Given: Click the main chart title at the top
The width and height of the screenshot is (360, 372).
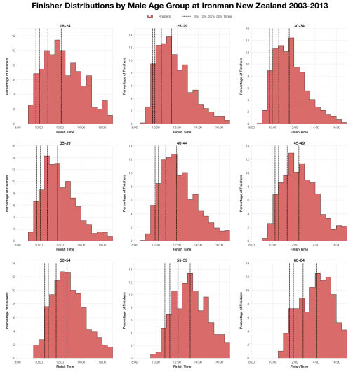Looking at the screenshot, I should click(180, 6).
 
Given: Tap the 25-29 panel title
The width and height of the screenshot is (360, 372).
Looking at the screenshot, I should click(182, 25).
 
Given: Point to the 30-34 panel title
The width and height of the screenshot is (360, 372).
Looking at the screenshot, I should click(299, 25).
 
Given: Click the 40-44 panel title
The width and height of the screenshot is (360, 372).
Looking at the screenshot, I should click(182, 142).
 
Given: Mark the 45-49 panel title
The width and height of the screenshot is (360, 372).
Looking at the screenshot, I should click(299, 142).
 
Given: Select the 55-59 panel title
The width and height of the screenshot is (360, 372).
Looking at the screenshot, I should click(182, 260).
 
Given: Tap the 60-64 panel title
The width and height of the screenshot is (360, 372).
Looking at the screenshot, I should click(299, 260).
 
